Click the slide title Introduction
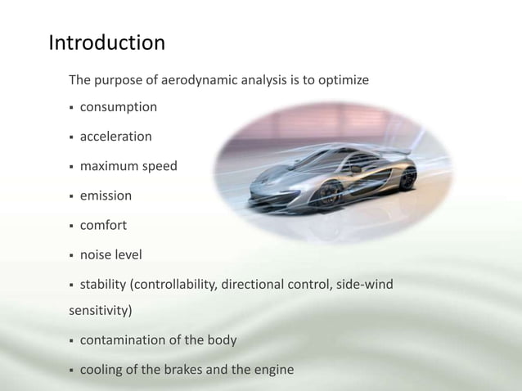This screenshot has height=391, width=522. (x=106, y=43)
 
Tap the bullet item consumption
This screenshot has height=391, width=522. (x=118, y=107)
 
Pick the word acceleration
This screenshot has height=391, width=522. (x=115, y=137)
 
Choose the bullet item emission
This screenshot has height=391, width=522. (x=106, y=195)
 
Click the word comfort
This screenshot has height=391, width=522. (x=103, y=225)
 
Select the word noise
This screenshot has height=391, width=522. (x=97, y=255)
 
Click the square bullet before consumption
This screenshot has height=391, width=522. (x=71, y=108)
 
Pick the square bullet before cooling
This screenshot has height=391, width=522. (x=71, y=371)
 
